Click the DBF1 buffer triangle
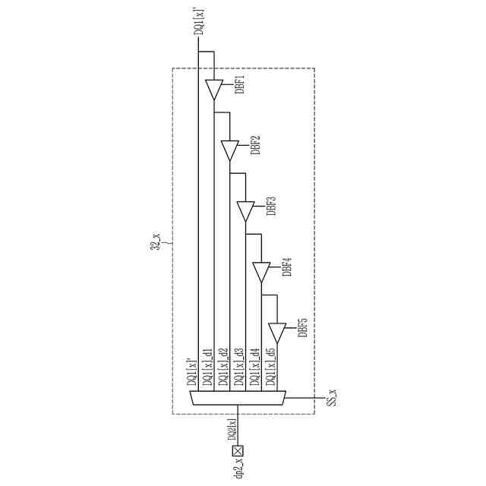[x=213, y=90]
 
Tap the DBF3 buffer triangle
[x=245, y=210]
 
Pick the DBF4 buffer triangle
[x=261, y=272]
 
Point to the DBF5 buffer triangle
[x=277, y=332]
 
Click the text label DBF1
[x=239, y=84]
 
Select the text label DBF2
[x=256, y=145]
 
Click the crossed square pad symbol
[x=237, y=451]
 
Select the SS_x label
[x=332, y=397]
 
